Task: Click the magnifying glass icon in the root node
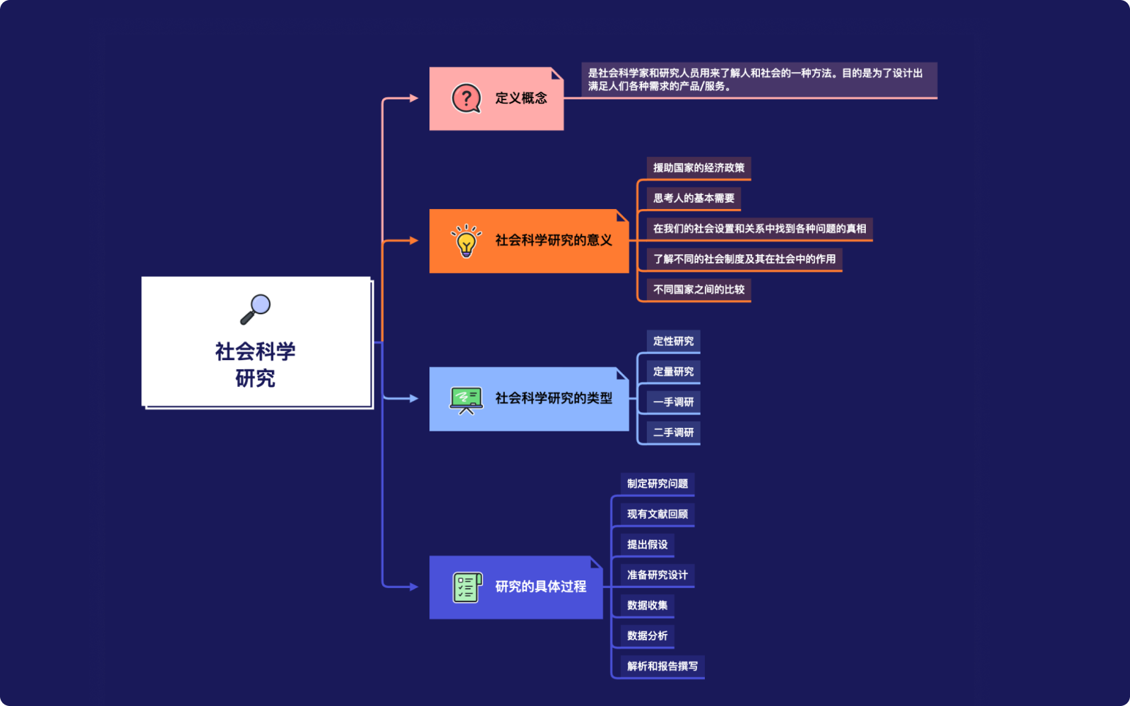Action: [x=256, y=309]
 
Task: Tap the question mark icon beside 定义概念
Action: [x=466, y=99]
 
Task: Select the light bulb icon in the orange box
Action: [x=466, y=241]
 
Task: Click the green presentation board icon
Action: [x=466, y=400]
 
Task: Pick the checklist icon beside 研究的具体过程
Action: [x=467, y=587]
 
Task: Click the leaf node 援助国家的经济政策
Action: [x=698, y=168]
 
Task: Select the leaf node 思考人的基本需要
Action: [x=694, y=198]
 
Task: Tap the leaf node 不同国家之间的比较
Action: [x=698, y=289]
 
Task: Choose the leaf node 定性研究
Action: [x=673, y=342]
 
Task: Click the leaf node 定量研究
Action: [x=673, y=372]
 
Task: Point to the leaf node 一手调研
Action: [x=673, y=402]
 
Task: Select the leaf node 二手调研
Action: [x=673, y=433]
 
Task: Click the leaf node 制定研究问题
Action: [x=658, y=484]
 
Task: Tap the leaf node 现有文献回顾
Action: [x=658, y=515]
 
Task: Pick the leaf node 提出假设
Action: [x=648, y=545]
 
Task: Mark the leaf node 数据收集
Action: [x=648, y=606]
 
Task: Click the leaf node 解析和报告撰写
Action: [x=662, y=666]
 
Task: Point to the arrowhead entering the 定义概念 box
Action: [x=414, y=98]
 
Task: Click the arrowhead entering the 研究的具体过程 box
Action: [x=414, y=587]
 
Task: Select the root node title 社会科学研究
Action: [x=256, y=365]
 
